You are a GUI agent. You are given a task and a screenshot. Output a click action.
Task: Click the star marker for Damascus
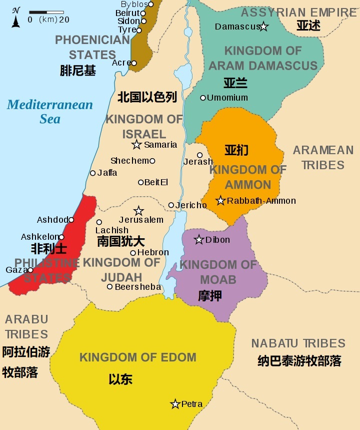tap(263, 27)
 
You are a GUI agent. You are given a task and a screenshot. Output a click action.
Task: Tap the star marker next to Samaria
tap(136, 145)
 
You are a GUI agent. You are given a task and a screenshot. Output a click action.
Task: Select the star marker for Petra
tap(175, 404)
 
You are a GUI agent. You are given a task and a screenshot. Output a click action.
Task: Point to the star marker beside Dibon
tap(199, 240)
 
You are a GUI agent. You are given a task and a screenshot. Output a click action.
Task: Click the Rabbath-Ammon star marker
tap(220, 201)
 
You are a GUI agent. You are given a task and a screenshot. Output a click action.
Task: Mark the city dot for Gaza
tap(30, 270)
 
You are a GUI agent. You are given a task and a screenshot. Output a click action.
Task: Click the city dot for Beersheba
tap(110, 287)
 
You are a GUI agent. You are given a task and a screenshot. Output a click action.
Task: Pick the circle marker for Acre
tap(134, 63)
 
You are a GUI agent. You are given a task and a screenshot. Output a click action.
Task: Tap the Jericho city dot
tap(171, 205)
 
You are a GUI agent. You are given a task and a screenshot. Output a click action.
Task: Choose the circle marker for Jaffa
tap(92, 173)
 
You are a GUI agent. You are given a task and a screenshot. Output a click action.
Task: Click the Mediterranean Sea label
tap(50, 112)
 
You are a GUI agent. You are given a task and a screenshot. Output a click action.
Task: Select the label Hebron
tap(152, 252)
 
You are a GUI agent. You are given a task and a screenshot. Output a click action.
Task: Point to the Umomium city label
tap(227, 98)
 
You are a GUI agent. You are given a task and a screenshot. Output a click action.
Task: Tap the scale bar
tap(46, 12)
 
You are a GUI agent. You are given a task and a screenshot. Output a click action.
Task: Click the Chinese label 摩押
tap(210, 296)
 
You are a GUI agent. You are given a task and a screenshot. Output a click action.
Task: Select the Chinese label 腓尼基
tap(77, 71)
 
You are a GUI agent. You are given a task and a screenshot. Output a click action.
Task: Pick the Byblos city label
tap(134, 5)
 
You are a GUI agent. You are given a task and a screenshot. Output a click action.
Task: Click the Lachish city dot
tap(99, 222)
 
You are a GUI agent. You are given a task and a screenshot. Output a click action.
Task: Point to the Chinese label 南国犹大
tap(121, 241)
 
